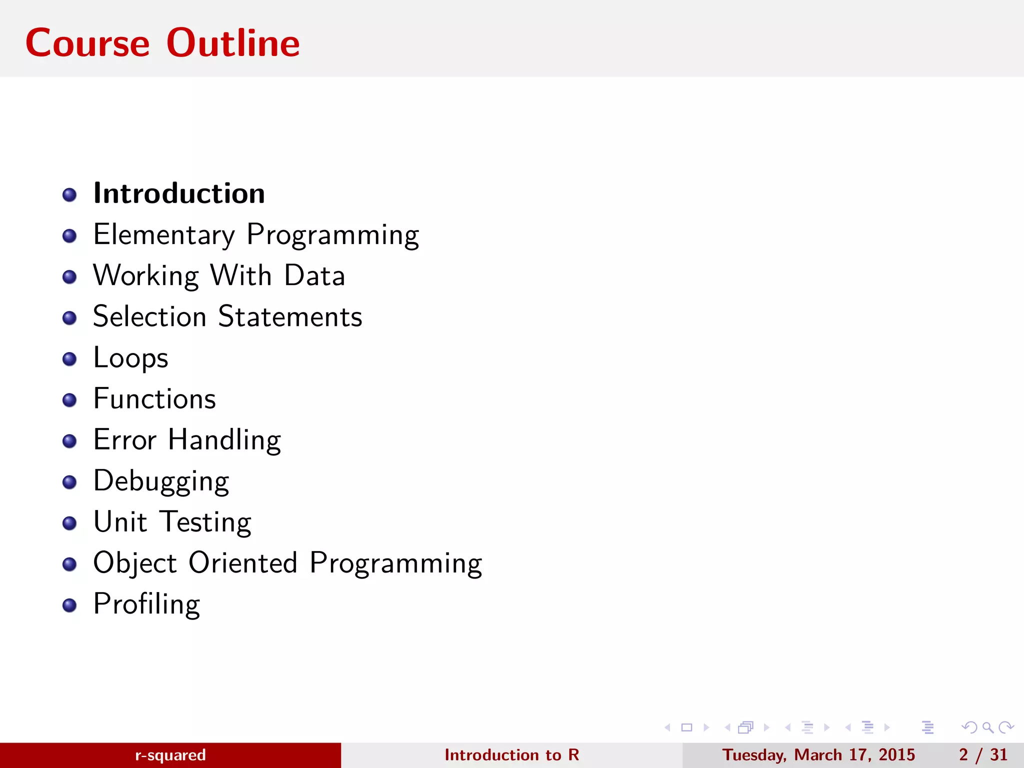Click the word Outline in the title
pos(233,43)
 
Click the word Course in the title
pos(87,43)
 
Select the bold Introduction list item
pos(179,193)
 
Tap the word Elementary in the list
pos(164,234)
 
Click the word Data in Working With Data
pos(314,275)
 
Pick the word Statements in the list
pos(290,316)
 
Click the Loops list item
pos(130,358)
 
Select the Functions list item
pos(154,399)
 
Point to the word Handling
pos(224,440)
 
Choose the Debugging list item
pos(161,481)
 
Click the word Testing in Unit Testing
pos(205,522)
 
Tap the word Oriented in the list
pos(243,563)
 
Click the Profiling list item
pos(146,604)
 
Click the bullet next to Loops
pos(69,359)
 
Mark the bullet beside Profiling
pos(69,605)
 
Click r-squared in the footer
pos(170,755)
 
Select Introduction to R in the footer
pos(511,755)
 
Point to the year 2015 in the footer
pos(896,755)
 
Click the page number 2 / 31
pos(983,755)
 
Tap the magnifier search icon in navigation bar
pos(987,727)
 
